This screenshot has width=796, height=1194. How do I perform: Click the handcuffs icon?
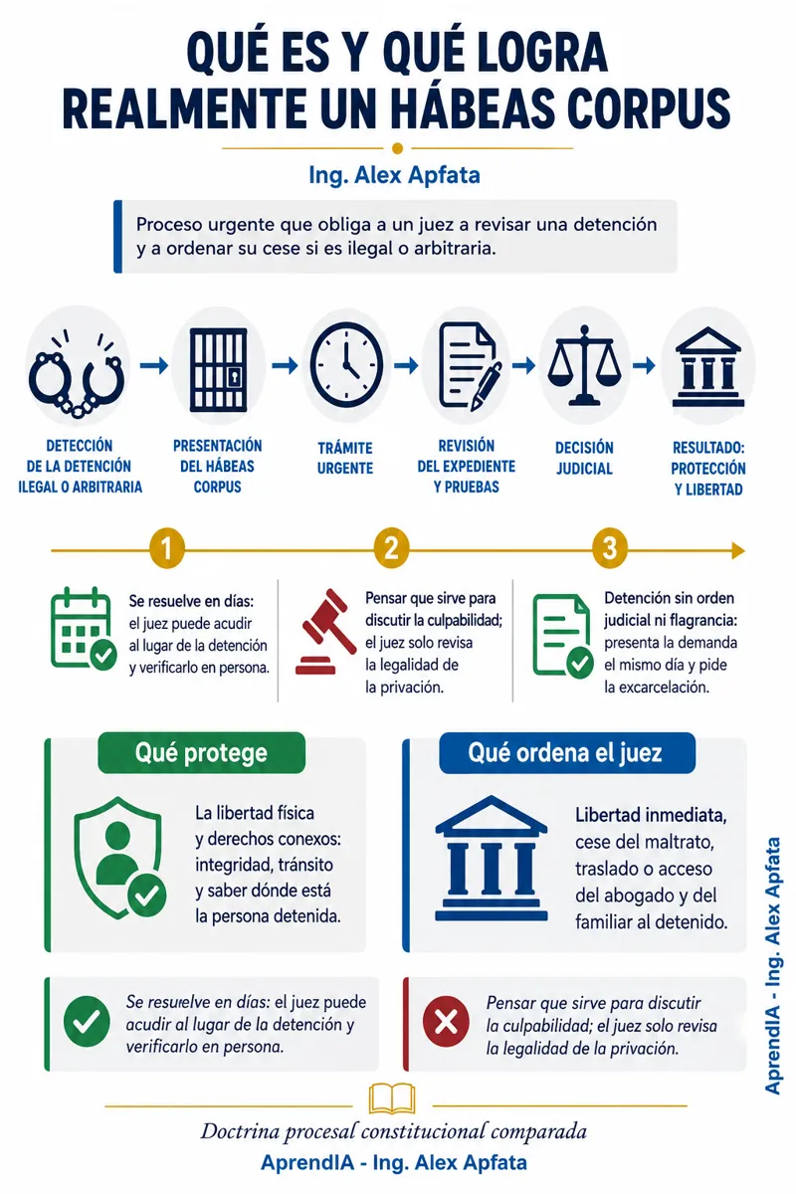77,374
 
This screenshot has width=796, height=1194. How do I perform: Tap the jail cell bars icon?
219,369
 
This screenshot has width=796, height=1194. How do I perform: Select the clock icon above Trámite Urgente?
346,365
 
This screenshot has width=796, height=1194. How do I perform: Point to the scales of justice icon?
584,365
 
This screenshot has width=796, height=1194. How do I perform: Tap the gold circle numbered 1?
167,548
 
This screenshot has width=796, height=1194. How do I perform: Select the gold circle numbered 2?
391,548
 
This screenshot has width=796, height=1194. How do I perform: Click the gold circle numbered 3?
609,548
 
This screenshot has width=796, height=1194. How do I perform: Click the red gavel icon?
325,632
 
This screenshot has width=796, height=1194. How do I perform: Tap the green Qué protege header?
202,752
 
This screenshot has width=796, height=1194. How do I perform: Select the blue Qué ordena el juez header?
567,752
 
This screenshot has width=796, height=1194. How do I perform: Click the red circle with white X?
446,1022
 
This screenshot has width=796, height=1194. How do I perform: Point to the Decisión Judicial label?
584,458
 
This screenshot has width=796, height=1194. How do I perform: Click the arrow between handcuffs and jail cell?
154,365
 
